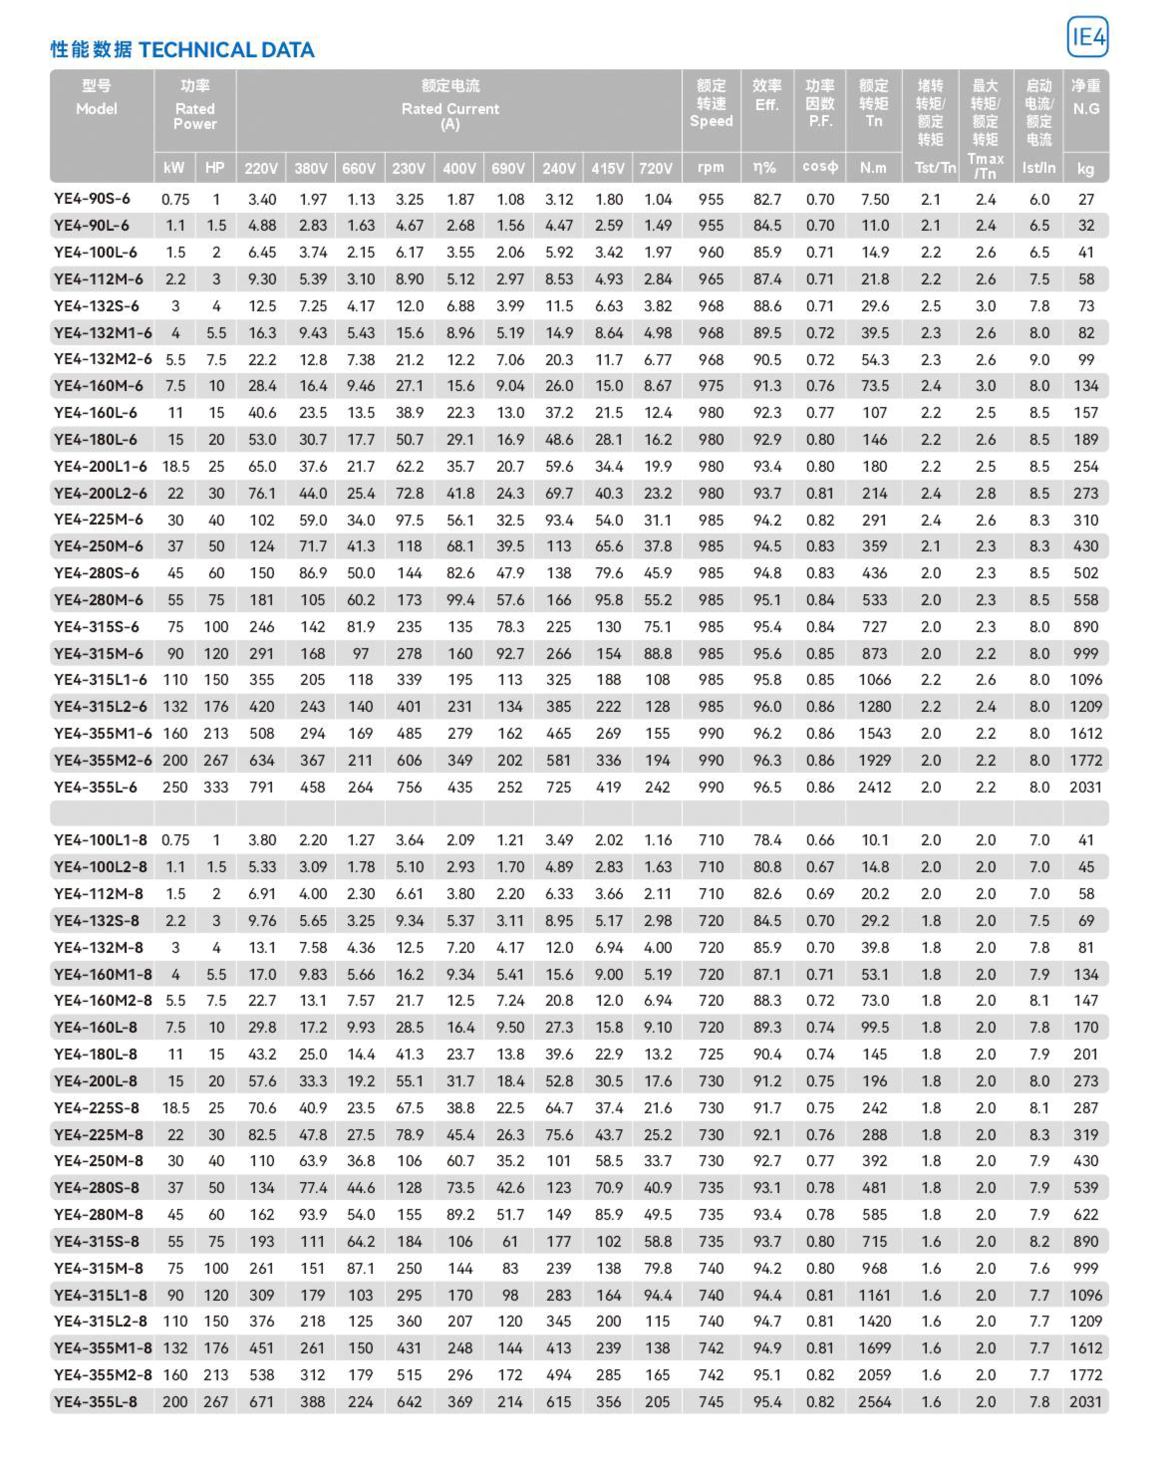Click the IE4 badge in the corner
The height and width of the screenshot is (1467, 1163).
pos(1087,37)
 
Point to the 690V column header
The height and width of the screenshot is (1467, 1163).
pos(508,168)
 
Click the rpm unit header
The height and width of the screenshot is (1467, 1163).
pos(711,167)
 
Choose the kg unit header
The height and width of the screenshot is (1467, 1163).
pos(1085,168)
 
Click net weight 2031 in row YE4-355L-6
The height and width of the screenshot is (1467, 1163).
pos(1085,787)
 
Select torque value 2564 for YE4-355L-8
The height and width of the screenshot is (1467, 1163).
pos(874,1401)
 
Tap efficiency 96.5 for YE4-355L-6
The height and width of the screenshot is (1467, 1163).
pos(767,787)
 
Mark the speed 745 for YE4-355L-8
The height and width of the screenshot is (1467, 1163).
pos(711,1401)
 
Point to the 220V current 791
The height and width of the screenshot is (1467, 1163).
pos(261,787)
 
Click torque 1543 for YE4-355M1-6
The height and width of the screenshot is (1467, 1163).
pos(874,733)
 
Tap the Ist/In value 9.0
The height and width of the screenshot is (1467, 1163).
pos(1038,359)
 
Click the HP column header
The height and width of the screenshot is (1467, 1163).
pos(215,168)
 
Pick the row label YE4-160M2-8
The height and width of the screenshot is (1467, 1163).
pos(103,1000)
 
